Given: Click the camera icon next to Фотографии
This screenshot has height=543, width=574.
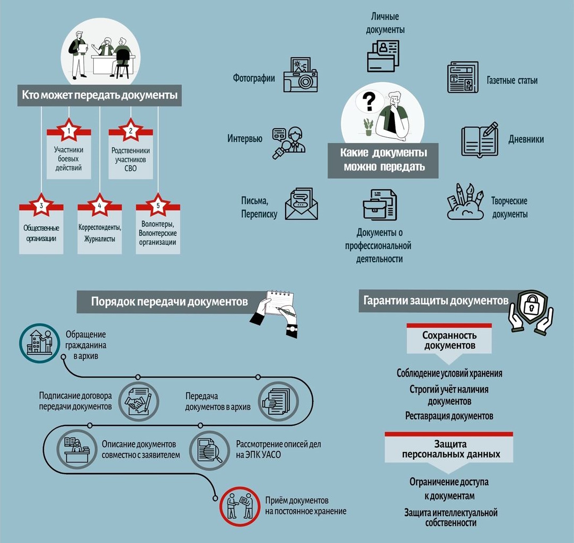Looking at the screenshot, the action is [x=301, y=75].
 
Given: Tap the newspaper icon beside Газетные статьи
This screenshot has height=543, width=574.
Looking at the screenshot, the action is [x=463, y=77].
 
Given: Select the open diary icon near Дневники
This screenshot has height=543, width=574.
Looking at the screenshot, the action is [x=480, y=140].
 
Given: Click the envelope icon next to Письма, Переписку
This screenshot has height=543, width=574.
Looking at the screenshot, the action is [x=301, y=204].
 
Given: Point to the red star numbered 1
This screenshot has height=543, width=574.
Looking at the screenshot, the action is [x=69, y=130].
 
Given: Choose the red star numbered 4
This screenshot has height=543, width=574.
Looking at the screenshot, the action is [x=100, y=205].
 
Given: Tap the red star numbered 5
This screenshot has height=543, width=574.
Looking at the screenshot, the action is [x=158, y=205].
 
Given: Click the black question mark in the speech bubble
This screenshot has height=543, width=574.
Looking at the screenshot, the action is [x=369, y=102].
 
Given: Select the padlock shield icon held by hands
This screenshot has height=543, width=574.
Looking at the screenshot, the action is [x=531, y=311].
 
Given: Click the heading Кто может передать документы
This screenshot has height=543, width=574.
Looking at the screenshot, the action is [x=100, y=95].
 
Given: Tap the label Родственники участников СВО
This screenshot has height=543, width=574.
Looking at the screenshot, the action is [x=131, y=159].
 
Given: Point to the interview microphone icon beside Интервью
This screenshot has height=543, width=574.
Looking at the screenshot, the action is [x=288, y=143].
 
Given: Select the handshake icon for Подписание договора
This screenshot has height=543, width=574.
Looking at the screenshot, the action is [x=139, y=402].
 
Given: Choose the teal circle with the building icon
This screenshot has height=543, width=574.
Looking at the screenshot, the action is [x=40, y=343].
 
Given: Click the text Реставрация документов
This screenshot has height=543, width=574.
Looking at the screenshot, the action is [x=449, y=416].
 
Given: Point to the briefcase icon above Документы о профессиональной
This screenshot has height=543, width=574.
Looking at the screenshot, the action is [x=379, y=204].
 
